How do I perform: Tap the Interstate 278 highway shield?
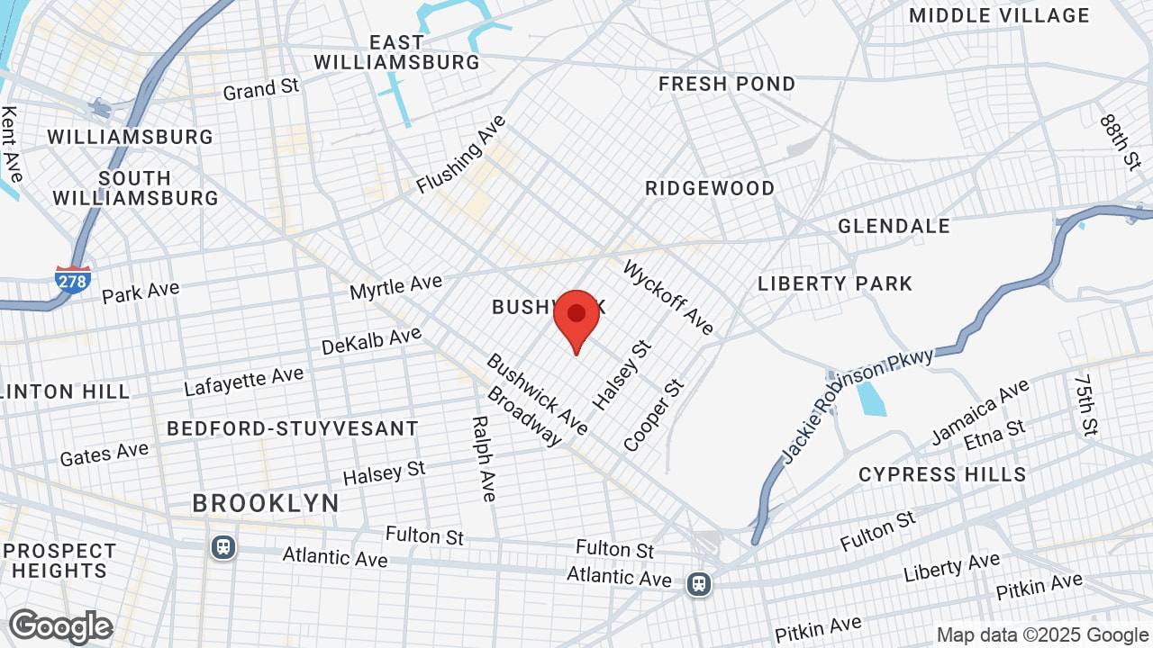click(x=72, y=279)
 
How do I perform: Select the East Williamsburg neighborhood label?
click(x=396, y=52)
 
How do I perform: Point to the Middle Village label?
click(x=999, y=15)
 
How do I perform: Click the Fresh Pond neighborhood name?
click(x=727, y=84)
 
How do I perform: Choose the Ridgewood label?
click(x=710, y=188)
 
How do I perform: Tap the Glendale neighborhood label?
click(x=894, y=226)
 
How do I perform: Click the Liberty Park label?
click(x=835, y=283)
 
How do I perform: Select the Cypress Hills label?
click(x=942, y=474)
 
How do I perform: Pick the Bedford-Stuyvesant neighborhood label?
click(x=293, y=428)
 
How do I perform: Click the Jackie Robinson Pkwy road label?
click(x=858, y=404)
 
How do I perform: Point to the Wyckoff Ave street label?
click(x=668, y=297)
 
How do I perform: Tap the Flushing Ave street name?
click(x=461, y=154)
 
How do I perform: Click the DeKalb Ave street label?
click(x=371, y=341)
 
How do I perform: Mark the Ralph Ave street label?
click(x=484, y=458)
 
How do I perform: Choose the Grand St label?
click(x=260, y=89)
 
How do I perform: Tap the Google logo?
click(x=60, y=626)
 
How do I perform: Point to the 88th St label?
click(x=1120, y=142)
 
